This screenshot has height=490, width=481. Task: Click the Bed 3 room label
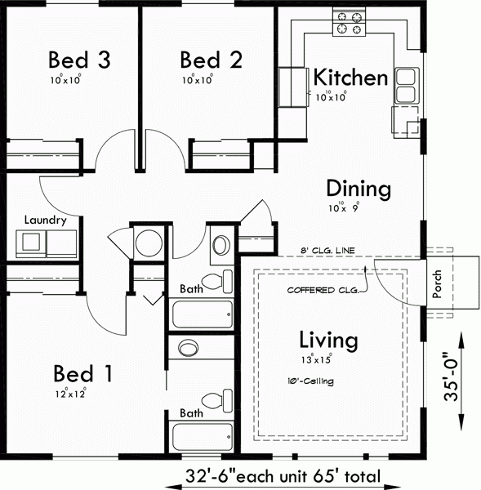79,60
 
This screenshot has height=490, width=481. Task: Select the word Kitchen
350,78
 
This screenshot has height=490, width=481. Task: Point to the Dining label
359,189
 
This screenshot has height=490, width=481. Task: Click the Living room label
328,339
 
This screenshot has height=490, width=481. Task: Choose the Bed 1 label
83,374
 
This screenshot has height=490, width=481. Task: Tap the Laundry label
45,220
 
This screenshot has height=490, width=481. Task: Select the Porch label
438,284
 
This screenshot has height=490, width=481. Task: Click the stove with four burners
350,22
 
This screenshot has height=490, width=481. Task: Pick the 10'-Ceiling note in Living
311,381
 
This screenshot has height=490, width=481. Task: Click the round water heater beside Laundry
149,243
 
